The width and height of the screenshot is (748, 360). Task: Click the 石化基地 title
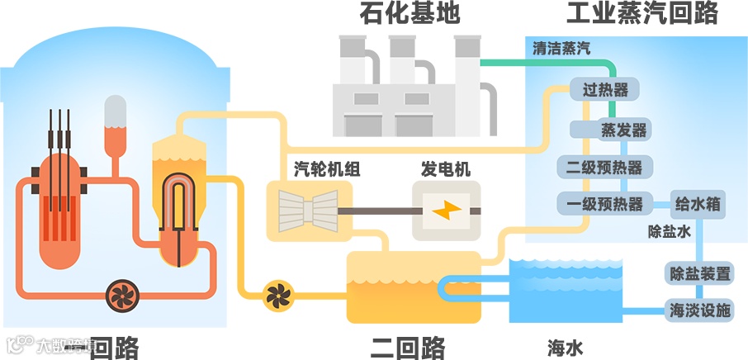pyautogui.click(x=409, y=14)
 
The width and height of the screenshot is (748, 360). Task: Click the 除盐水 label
pyautogui.click(x=669, y=232)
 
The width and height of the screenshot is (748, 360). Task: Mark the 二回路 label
pyautogui.click(x=408, y=346)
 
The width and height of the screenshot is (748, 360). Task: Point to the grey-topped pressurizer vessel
pyautogui.click(x=116, y=124)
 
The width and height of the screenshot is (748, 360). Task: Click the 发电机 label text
pyautogui.click(x=446, y=170)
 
